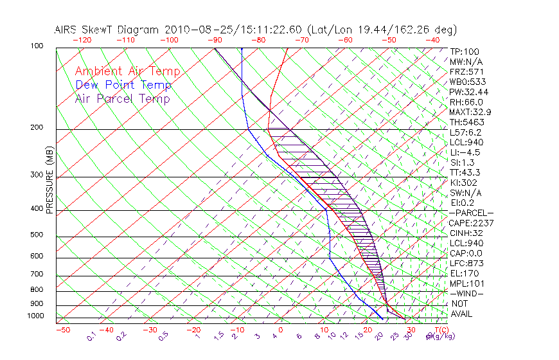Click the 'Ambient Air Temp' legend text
tap(127, 71)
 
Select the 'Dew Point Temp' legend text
tap(123, 85)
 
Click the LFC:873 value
tap(466, 264)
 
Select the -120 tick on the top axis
tap(82, 40)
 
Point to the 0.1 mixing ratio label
tap(92, 336)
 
